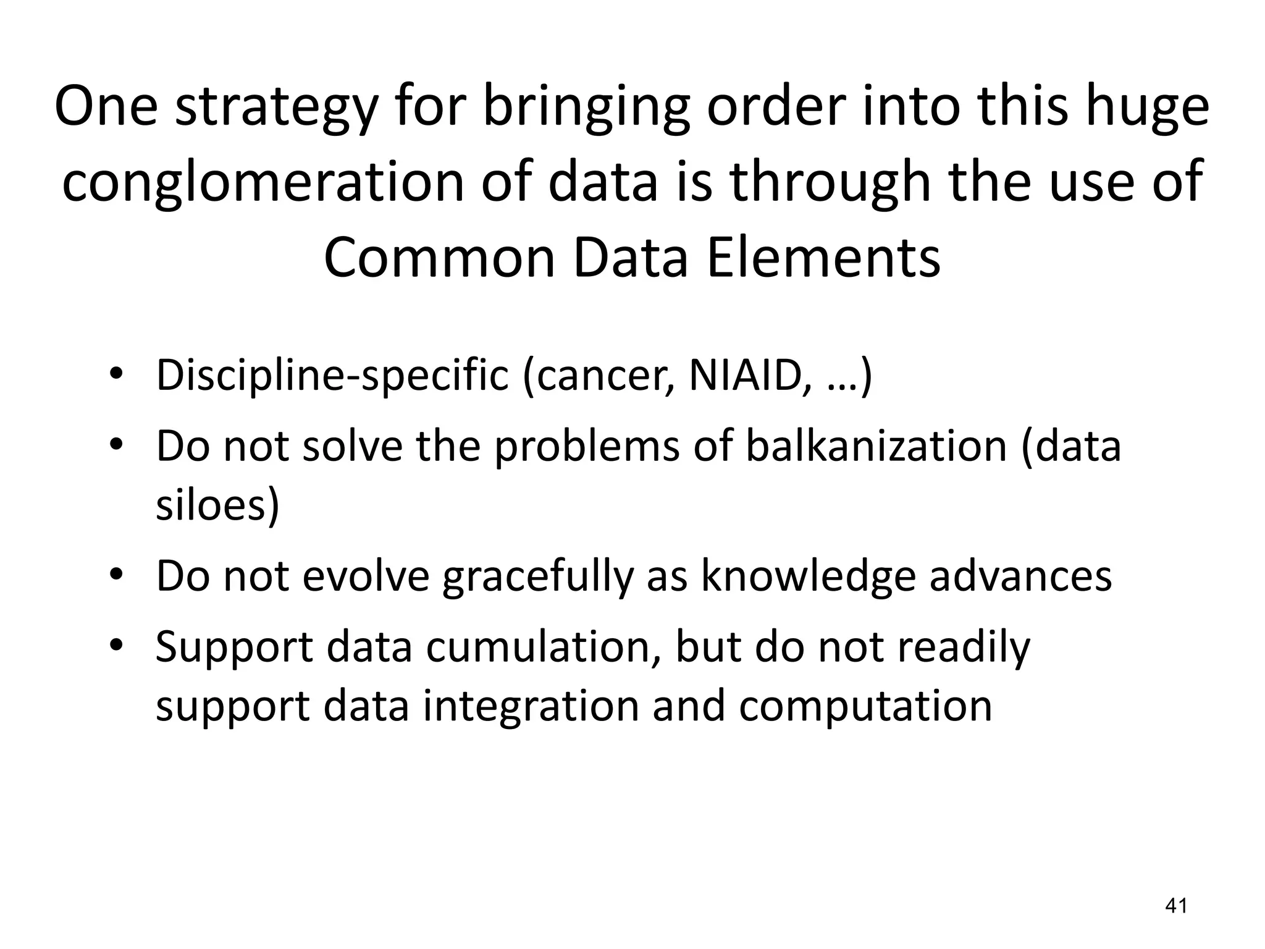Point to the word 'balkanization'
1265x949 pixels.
(x=876, y=445)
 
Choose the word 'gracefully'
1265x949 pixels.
(x=538, y=575)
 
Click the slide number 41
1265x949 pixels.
(x=1175, y=906)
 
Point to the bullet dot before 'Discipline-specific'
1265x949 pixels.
(x=116, y=375)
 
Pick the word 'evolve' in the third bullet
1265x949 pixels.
(x=366, y=575)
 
